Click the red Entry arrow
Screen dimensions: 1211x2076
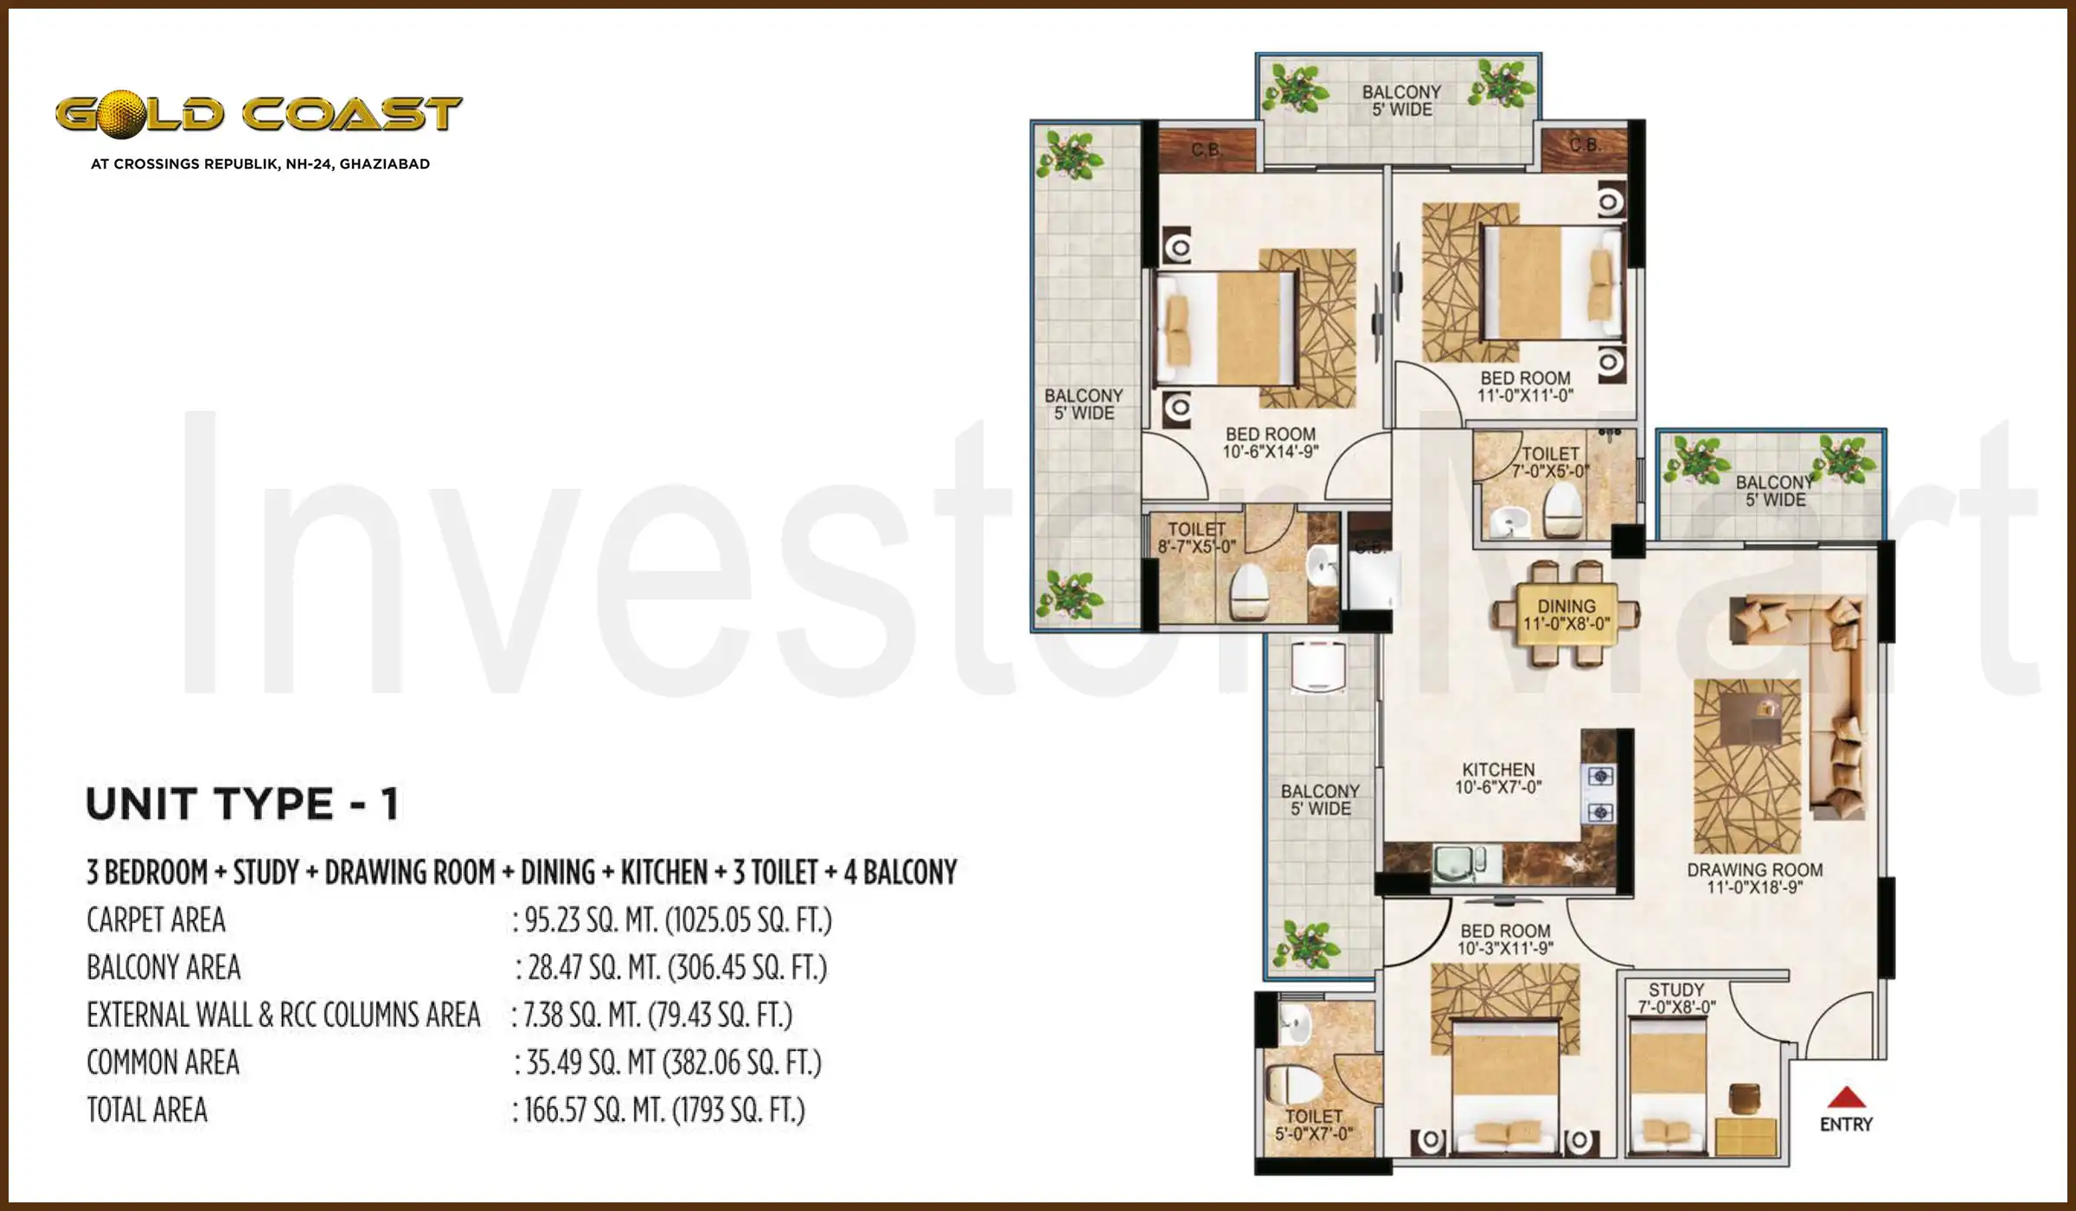coord(1845,1098)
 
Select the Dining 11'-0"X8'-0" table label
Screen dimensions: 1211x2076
coord(1567,615)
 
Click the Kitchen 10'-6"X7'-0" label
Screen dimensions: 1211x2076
coord(1498,778)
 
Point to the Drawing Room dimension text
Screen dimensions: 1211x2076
coord(1754,887)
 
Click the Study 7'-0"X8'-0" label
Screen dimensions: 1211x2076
coord(1676,998)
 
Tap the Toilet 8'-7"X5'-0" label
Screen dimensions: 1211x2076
coord(1196,537)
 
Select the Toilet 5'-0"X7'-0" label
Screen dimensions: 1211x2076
coord(1313,1124)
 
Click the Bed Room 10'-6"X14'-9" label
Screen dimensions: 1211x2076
coord(1270,443)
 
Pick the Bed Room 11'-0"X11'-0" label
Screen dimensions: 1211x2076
coord(1525,387)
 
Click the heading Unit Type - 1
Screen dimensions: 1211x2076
coord(243,804)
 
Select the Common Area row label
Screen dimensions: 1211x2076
coord(163,1062)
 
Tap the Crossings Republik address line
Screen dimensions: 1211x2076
coord(259,164)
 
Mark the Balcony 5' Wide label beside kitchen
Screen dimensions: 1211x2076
coord(1320,800)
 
